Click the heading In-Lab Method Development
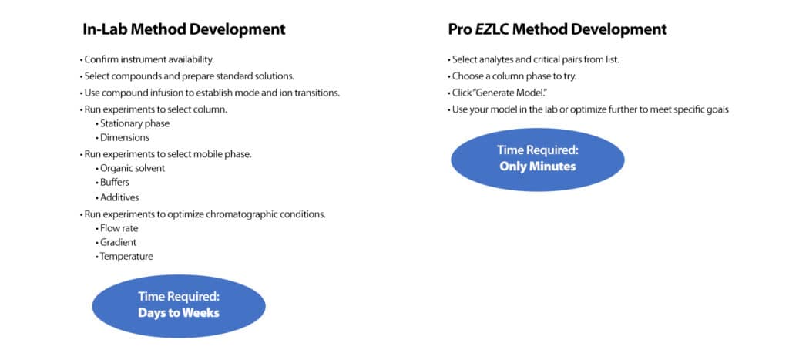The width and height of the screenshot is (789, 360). point(184,30)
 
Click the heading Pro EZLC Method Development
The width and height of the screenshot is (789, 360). point(557,30)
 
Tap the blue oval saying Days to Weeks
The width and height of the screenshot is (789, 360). point(179,305)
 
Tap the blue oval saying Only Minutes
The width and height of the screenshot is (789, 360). point(537,159)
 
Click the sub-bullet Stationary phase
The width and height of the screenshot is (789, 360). point(134,123)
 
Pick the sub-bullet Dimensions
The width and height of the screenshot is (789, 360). point(126,137)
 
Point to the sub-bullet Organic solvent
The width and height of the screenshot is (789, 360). point(132,168)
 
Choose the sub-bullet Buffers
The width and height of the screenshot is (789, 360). point(114,183)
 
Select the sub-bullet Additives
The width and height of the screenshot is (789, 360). point(119,197)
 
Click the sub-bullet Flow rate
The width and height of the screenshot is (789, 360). point(119,228)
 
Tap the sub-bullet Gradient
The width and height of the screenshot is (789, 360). point(118,242)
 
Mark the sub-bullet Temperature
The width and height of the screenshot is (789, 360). point(126,257)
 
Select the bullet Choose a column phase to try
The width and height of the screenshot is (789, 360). point(512,76)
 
